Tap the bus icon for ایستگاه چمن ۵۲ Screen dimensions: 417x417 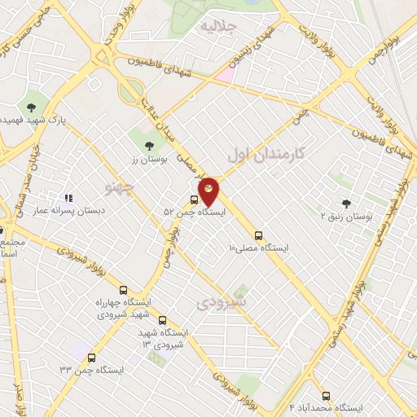[194, 200]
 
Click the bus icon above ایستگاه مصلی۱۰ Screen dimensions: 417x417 [259, 233]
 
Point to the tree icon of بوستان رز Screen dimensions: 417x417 [147, 146]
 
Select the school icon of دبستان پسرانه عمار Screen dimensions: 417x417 [69, 197]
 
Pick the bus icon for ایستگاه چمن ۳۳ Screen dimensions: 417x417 [90, 358]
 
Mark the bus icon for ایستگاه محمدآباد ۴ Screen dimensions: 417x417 [327, 395]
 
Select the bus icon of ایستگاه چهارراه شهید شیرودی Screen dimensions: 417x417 [124, 291]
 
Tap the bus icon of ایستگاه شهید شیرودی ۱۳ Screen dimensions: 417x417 [163, 320]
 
